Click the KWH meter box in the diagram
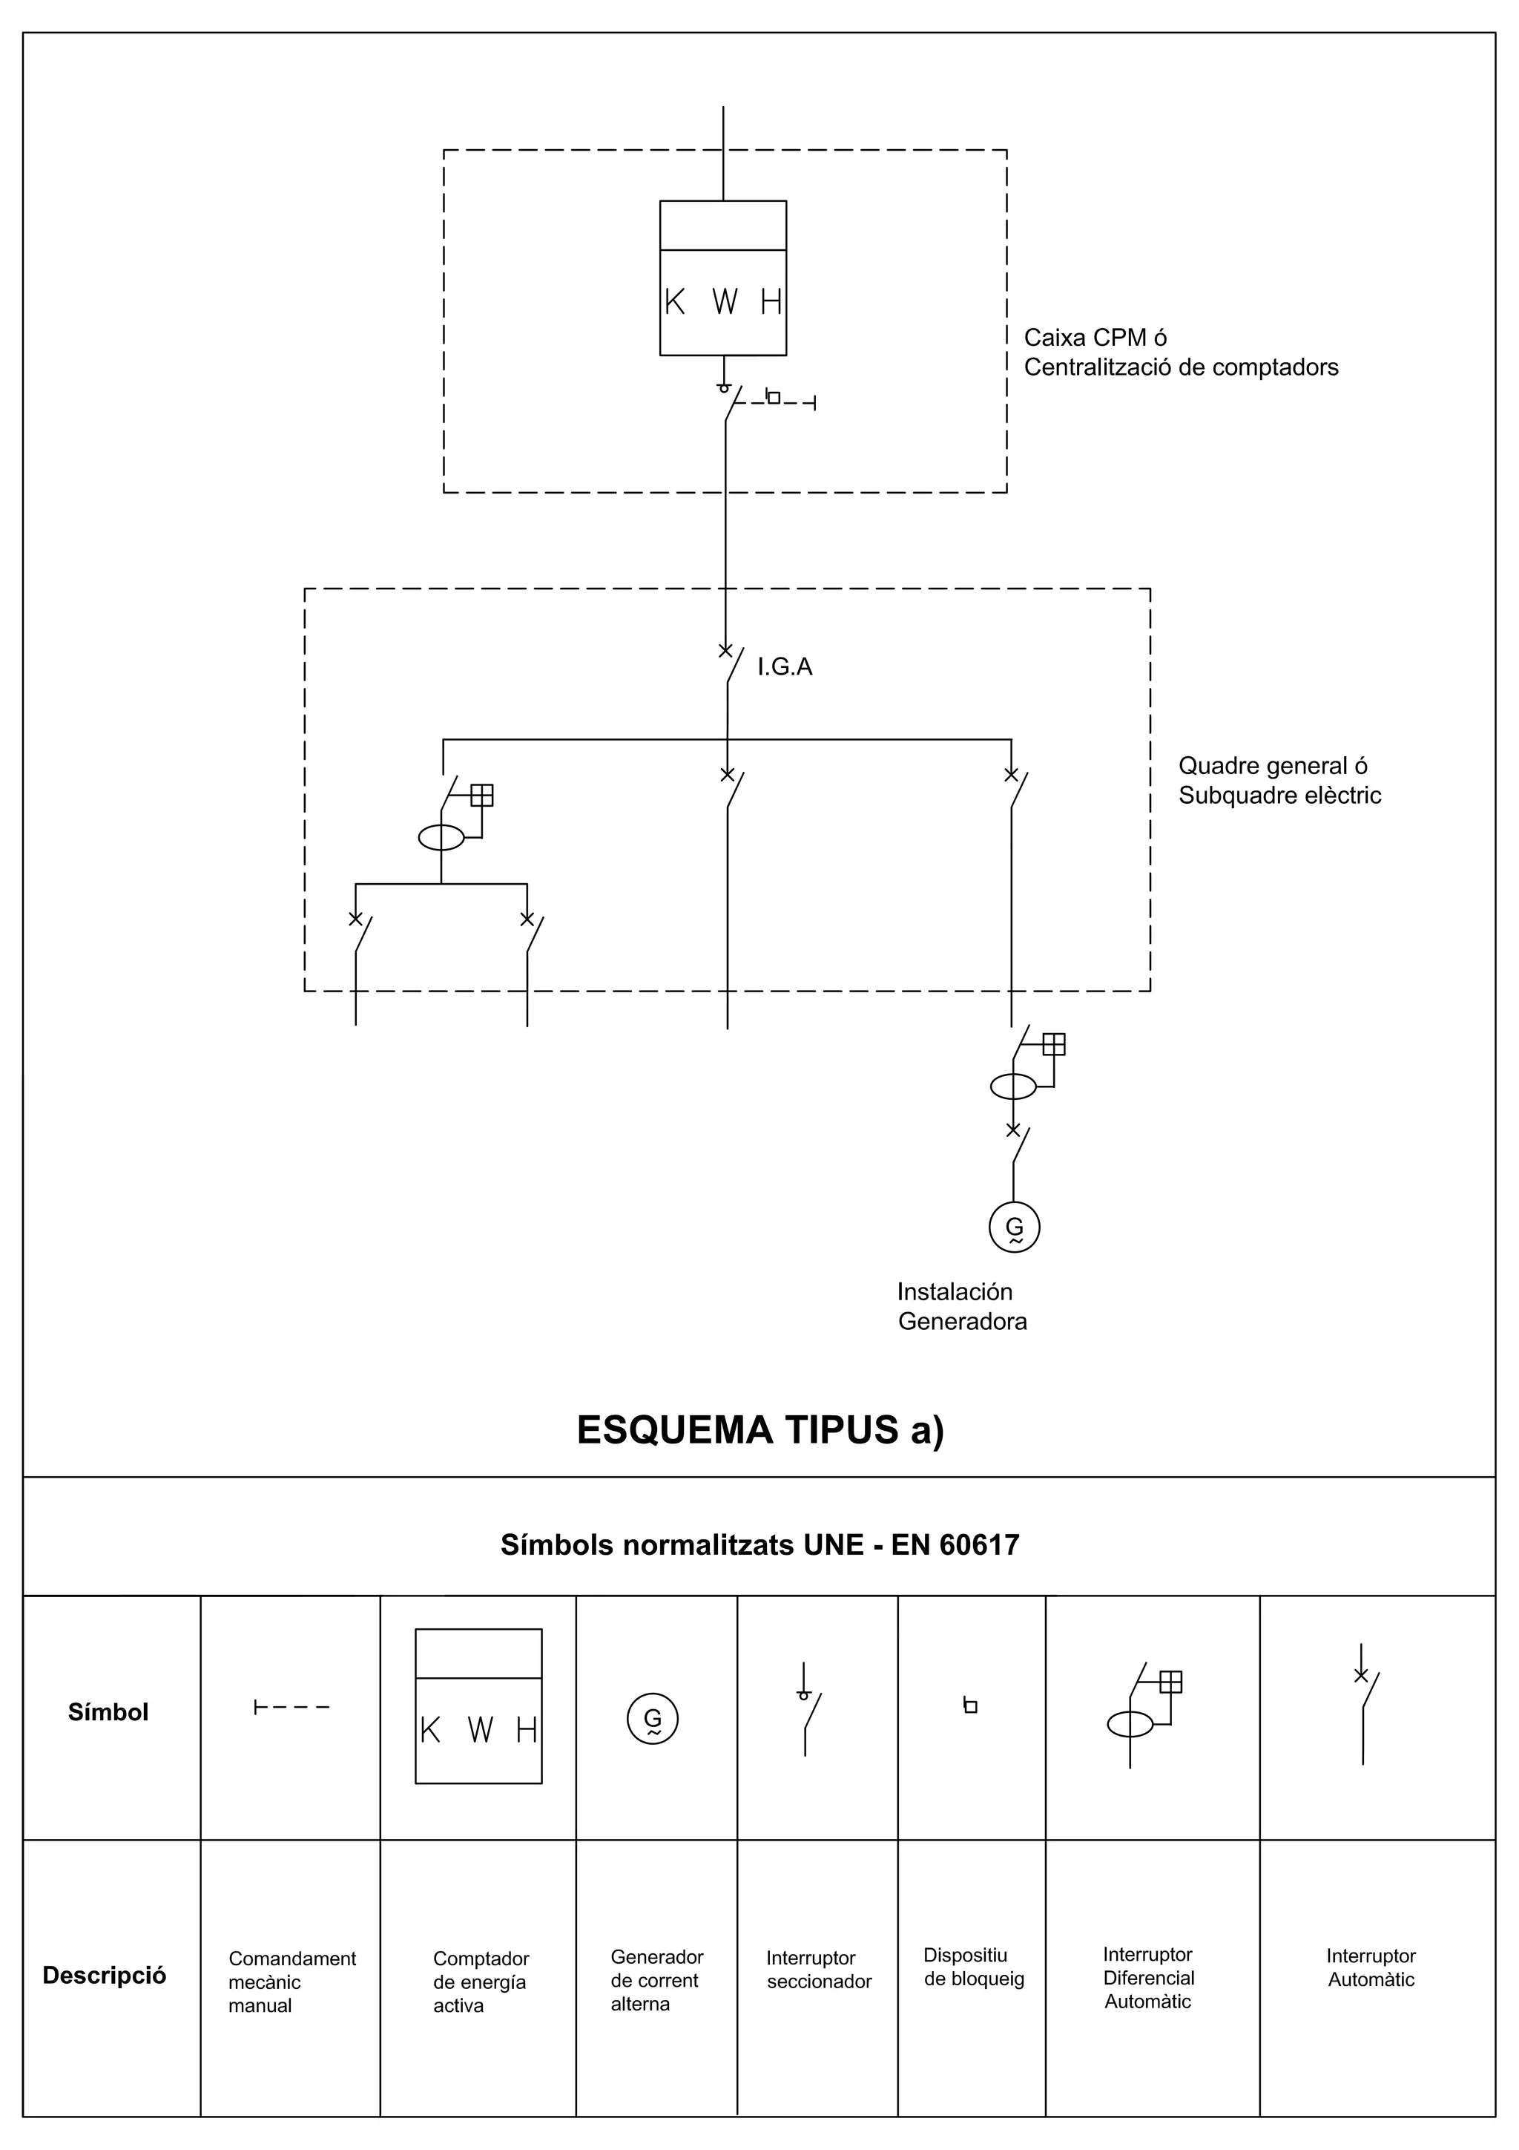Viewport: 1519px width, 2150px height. (x=722, y=278)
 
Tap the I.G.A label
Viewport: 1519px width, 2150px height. (x=784, y=666)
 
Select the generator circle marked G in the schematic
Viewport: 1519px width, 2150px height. (x=1014, y=1227)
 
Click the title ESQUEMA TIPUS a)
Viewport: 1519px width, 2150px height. (x=760, y=1430)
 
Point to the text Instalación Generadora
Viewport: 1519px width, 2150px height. (x=962, y=1306)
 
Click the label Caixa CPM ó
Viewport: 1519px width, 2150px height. (x=1095, y=337)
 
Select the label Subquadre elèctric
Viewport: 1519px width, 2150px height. (x=1279, y=795)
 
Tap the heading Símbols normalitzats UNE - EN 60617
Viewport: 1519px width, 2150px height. (x=759, y=1544)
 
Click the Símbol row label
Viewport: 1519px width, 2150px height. (x=108, y=1711)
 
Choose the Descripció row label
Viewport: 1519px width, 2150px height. (x=104, y=1975)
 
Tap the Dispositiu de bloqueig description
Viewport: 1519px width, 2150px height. (x=973, y=1967)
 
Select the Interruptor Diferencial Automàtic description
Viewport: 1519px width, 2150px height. (x=1147, y=1978)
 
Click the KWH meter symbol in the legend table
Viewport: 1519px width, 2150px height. (x=478, y=1706)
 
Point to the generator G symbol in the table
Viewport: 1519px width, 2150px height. (x=653, y=1718)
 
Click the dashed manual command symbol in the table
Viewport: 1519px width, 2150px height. (x=291, y=1707)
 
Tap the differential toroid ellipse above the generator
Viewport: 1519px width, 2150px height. (x=1012, y=1087)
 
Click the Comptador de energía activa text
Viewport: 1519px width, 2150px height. (x=480, y=1982)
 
